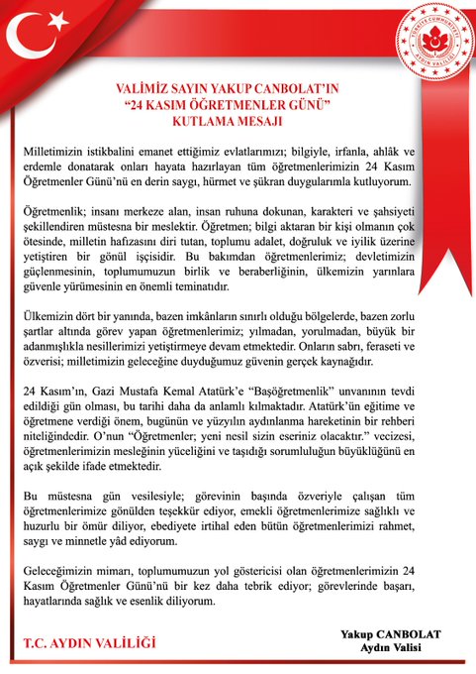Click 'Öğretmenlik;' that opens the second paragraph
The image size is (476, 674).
click(x=57, y=214)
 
